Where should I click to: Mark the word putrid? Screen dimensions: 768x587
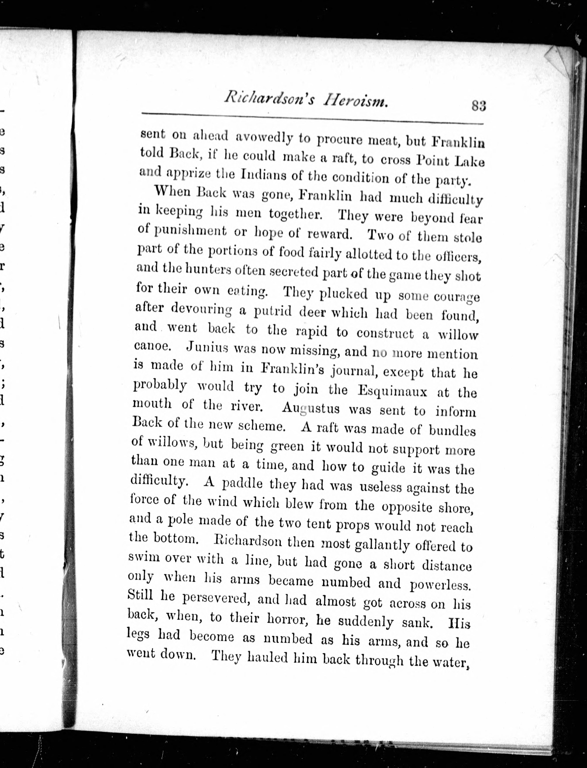click(272, 311)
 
